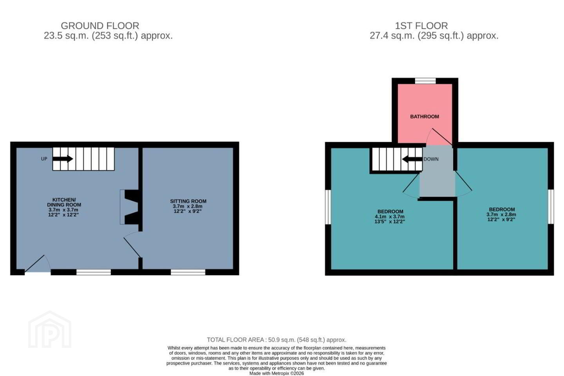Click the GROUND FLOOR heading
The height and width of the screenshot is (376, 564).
coord(100,26)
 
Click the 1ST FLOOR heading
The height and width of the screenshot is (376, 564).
coord(421,26)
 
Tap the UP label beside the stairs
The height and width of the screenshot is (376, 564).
coord(44,159)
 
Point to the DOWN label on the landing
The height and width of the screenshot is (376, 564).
coord(431,159)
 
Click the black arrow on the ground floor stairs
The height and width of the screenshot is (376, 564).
coord(63,159)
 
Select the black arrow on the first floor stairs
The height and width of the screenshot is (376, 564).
coord(412,159)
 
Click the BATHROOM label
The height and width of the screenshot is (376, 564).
coord(425,117)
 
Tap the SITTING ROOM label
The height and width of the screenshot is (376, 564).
coord(188,201)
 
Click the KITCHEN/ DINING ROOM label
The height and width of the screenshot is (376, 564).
coord(64,202)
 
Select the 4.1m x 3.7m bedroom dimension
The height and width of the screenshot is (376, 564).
coord(390,217)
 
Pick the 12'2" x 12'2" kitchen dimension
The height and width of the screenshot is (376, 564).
coord(63,215)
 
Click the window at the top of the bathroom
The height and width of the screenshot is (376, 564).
coord(425,81)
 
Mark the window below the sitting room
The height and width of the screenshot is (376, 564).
coord(188,272)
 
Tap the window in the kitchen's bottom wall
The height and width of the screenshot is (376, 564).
coord(94,272)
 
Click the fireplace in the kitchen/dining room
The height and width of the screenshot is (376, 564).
coord(129,207)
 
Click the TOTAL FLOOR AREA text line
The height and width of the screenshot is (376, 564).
coord(277,340)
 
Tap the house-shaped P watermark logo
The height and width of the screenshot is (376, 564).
coord(50,330)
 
